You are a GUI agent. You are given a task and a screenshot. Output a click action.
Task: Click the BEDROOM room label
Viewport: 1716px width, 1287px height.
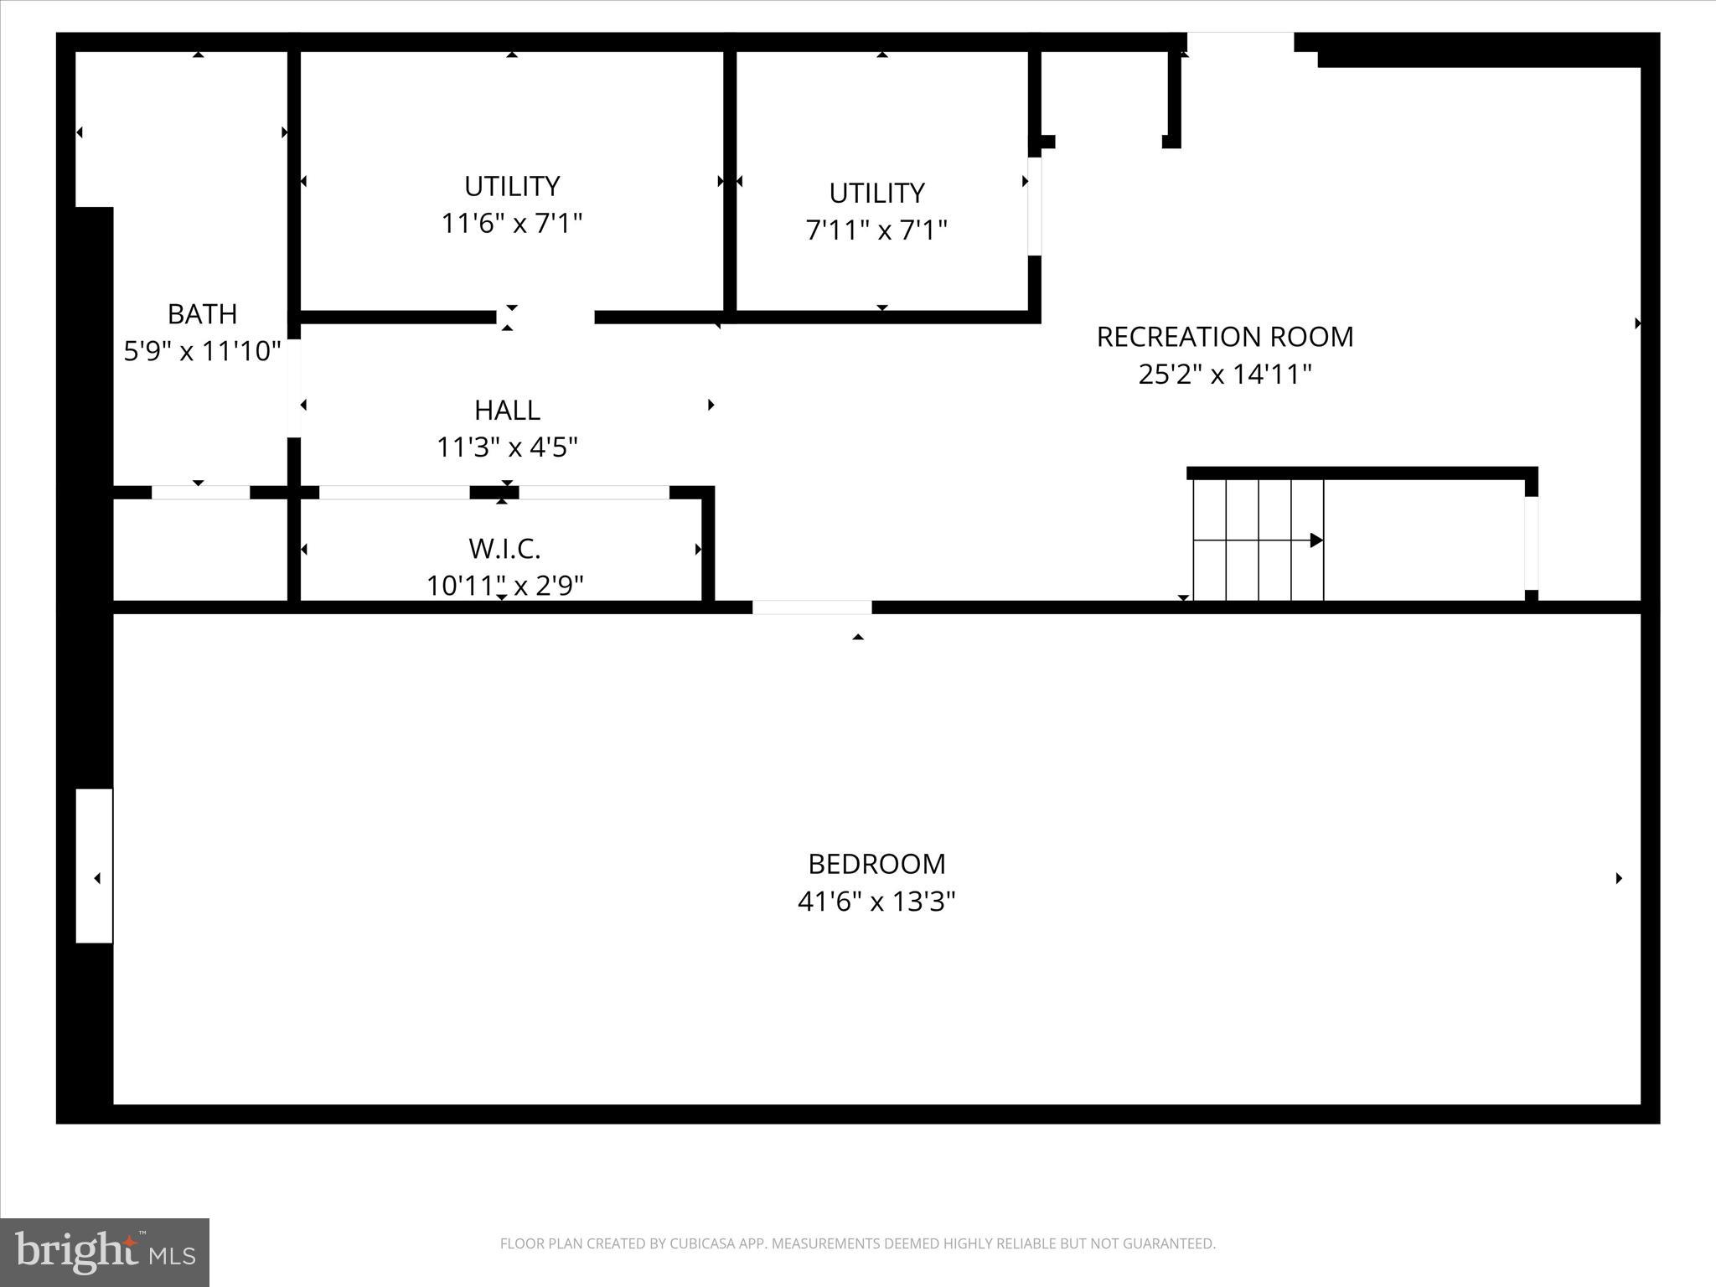[876, 864]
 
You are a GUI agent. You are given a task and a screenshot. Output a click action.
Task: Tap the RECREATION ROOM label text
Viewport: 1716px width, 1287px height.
[1224, 337]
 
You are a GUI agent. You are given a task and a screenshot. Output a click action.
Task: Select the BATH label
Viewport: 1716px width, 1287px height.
[202, 314]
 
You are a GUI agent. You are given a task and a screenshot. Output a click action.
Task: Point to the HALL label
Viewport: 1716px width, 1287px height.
[507, 411]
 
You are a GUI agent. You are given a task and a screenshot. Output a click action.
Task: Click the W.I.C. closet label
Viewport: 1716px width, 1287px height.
[504, 549]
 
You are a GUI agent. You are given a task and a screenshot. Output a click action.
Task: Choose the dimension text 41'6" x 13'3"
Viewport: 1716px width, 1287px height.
[876, 902]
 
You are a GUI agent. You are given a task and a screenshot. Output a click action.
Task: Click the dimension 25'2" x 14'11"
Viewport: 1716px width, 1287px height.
[1224, 374]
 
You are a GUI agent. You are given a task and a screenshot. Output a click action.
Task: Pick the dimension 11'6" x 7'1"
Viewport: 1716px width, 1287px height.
[511, 224]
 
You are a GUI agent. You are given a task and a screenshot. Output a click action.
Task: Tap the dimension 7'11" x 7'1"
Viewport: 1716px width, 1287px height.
[876, 230]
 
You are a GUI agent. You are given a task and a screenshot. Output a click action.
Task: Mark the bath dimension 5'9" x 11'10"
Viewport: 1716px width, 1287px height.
[202, 351]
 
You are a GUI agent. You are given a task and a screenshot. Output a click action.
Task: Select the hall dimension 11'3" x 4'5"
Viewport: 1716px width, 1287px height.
[507, 447]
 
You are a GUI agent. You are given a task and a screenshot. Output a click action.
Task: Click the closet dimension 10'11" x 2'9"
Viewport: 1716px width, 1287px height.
[504, 585]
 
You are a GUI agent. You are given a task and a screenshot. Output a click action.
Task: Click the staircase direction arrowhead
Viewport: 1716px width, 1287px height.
[1316, 540]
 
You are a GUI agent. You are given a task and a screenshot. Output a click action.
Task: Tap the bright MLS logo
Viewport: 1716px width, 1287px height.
[105, 1253]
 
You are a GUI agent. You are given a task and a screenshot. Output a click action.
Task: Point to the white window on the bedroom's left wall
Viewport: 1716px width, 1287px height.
[94, 866]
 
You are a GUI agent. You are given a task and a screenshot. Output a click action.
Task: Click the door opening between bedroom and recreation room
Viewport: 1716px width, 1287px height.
[812, 607]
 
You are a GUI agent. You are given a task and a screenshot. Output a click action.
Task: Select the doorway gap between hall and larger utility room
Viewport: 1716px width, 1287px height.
[545, 317]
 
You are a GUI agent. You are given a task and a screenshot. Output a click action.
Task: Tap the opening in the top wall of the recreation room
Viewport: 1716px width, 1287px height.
[1240, 42]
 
